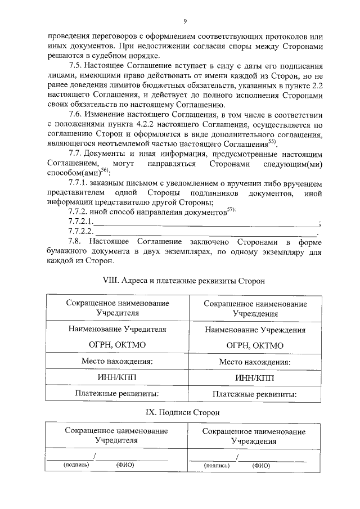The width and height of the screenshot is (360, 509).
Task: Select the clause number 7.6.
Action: (75, 115)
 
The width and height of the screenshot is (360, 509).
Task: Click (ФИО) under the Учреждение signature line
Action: (261, 466)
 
